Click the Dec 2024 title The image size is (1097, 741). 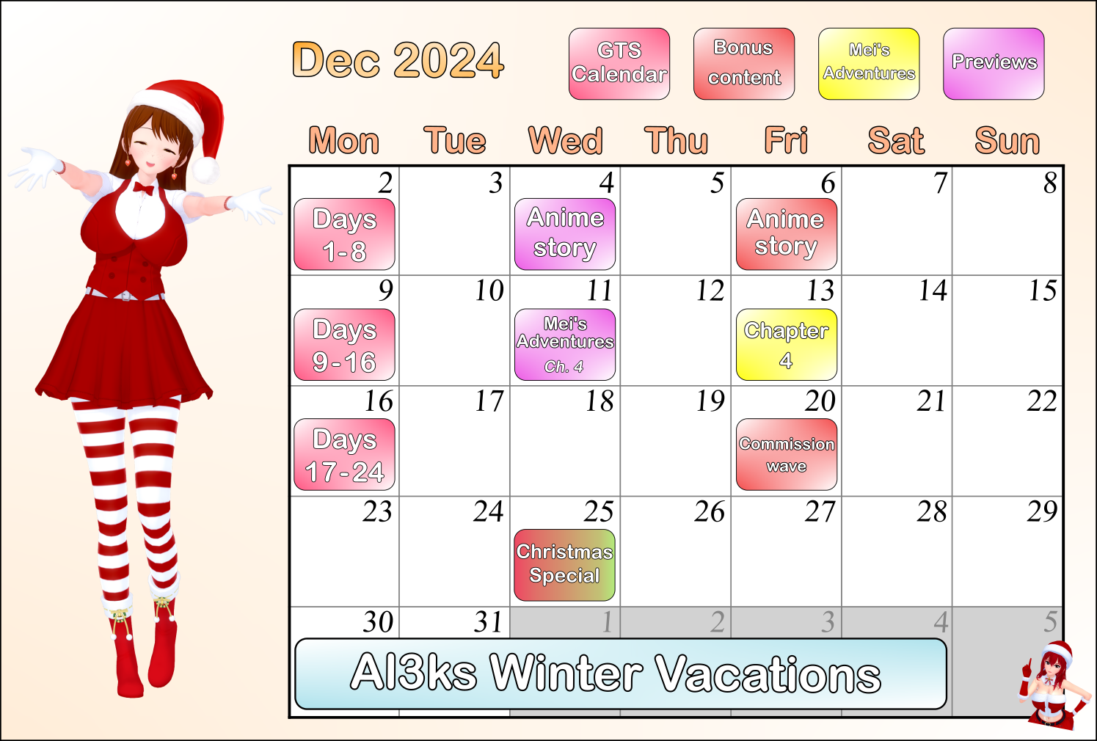(398, 60)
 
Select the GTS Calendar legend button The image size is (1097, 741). (619, 64)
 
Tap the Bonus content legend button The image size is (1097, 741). (744, 64)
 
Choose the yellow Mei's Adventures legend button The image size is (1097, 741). (869, 64)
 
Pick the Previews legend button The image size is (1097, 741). (994, 64)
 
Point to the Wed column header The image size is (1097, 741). (565, 141)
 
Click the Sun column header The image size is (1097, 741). (1007, 141)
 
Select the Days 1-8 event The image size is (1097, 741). (344, 234)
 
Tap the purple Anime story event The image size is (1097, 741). (565, 234)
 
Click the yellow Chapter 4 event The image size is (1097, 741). (787, 344)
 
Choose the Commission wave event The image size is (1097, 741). (787, 454)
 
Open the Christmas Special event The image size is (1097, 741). (565, 565)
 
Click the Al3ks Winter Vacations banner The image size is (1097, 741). (621, 674)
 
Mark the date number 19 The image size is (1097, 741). (710, 401)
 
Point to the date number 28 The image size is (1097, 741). (931, 512)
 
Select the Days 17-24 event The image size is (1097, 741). (344, 454)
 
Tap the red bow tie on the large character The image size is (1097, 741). (144, 188)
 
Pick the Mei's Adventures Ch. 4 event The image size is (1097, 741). (565, 344)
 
